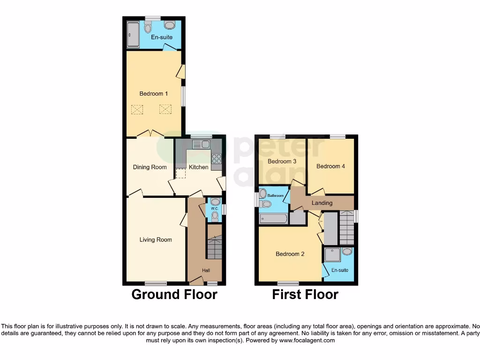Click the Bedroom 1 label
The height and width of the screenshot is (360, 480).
153,94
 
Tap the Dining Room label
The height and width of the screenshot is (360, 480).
150,167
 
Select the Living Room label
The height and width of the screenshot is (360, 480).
156,240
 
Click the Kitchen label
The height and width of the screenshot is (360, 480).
198,167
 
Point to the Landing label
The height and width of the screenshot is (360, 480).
322,203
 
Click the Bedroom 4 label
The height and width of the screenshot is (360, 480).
330,166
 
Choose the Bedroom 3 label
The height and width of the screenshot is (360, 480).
282,162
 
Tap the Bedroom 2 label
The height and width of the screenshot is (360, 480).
290,254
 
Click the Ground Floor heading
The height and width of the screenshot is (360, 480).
174,294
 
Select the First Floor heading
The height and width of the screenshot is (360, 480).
305,294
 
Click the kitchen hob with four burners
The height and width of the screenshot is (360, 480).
216,159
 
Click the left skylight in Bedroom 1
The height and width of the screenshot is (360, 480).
137,110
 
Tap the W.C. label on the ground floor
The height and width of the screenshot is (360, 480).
214,209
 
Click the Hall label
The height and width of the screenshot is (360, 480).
206,270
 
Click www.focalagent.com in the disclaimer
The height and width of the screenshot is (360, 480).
307,340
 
